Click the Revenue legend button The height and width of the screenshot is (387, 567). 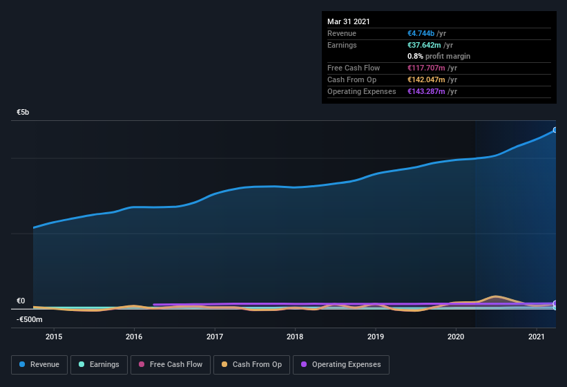pyautogui.click(x=39, y=364)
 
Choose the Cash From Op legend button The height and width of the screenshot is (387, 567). pyautogui.click(x=251, y=364)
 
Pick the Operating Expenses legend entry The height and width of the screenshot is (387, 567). pyautogui.click(x=340, y=364)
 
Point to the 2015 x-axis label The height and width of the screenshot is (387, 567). pyautogui.click(x=54, y=337)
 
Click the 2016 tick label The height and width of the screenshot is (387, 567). pyautogui.click(x=134, y=337)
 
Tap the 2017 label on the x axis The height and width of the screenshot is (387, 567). pyautogui.click(x=215, y=337)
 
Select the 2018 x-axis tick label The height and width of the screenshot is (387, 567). pyautogui.click(x=295, y=337)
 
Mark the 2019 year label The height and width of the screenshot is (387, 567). pyautogui.click(x=376, y=337)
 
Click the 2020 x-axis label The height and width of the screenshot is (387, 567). pyautogui.click(x=456, y=337)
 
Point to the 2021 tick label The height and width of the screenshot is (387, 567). pyautogui.click(x=537, y=337)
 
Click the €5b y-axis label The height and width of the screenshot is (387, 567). pyautogui.click(x=23, y=112)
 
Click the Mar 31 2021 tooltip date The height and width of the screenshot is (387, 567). pyautogui.click(x=349, y=21)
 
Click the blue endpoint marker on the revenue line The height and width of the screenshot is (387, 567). pyautogui.click(x=555, y=130)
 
